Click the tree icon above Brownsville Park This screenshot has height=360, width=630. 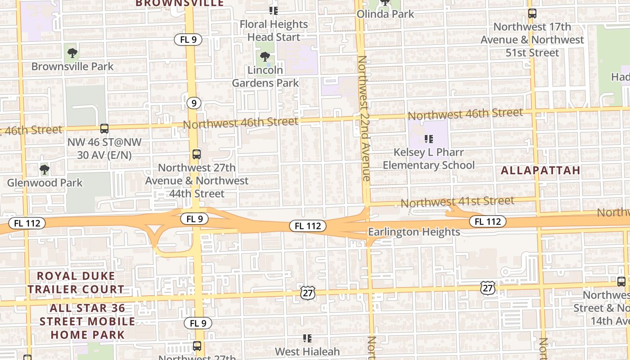tap(72, 54)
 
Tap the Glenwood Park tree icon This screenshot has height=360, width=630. tap(44, 170)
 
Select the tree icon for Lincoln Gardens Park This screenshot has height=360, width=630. tap(265, 57)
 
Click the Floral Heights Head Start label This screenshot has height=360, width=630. tap(274, 31)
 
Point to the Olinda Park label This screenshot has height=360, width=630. tap(385, 14)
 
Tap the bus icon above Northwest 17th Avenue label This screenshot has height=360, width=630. tap(532, 13)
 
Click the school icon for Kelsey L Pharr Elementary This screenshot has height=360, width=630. tap(428, 139)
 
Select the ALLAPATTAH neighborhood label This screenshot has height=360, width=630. tap(540, 171)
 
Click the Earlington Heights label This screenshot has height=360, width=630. tap(414, 232)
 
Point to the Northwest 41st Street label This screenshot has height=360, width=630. tap(457, 202)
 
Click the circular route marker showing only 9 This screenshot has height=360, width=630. tap(193, 103)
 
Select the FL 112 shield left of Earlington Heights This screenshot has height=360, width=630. tap(307, 226)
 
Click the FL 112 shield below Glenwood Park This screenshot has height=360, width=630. tap(27, 223)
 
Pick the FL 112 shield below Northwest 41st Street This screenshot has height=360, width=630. tap(488, 221)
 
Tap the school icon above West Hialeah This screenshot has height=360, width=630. tap(307, 338)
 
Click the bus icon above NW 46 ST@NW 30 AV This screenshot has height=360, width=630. tap(104, 129)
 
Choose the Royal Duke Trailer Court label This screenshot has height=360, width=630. tap(76, 282)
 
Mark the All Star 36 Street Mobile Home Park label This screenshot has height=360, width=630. tap(87, 321)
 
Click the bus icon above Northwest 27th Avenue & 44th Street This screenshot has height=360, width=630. tap(197, 154)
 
